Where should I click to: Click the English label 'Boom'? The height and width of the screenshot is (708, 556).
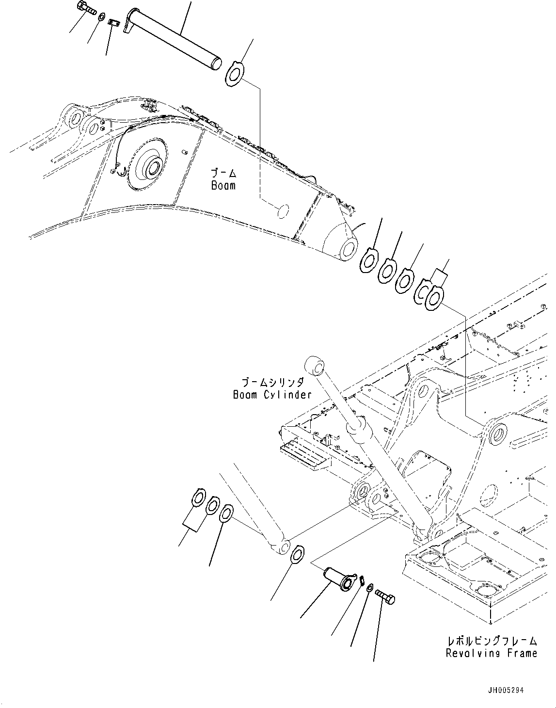click(x=223, y=185)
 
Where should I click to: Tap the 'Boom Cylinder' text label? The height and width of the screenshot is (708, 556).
click(x=272, y=394)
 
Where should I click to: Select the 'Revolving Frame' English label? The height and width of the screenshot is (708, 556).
click(x=492, y=653)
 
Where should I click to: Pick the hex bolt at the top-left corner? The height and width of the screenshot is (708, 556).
click(x=86, y=9)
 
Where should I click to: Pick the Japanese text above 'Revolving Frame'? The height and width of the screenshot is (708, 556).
click(x=492, y=641)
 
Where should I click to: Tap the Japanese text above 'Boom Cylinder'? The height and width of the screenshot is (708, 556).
click(x=272, y=382)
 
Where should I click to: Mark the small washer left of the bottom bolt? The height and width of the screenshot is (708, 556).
click(x=369, y=588)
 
